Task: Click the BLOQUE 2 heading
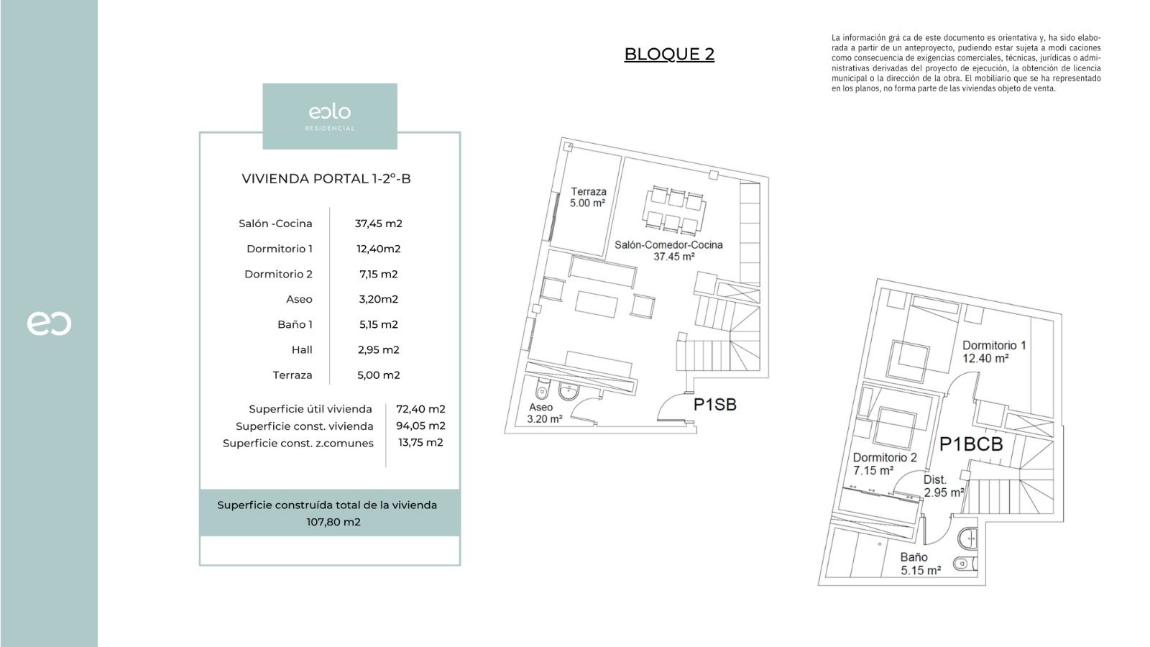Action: pyautogui.click(x=669, y=54)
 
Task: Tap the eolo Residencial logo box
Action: pyautogui.click(x=330, y=116)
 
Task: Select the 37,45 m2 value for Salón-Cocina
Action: pyautogui.click(x=378, y=224)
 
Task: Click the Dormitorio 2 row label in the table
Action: pyautogui.click(x=278, y=274)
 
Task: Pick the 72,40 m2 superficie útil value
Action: pyautogui.click(x=420, y=409)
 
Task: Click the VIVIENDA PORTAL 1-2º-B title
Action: pyautogui.click(x=326, y=179)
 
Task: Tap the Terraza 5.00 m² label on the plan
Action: pyautogui.click(x=588, y=197)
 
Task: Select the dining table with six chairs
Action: pyautogui.click(x=674, y=210)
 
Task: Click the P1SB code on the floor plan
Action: pyautogui.click(x=714, y=405)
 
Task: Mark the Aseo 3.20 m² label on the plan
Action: pyautogui.click(x=543, y=413)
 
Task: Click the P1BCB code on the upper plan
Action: pyautogui.click(x=970, y=444)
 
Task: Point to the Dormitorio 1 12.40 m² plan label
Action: pyautogui.click(x=993, y=351)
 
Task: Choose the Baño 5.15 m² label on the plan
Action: pyautogui.click(x=920, y=564)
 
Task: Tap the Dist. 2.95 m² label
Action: pyautogui.click(x=942, y=486)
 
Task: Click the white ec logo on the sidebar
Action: pyautogui.click(x=49, y=323)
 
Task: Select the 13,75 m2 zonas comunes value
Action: pyautogui.click(x=420, y=442)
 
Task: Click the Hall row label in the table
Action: pyautogui.click(x=302, y=349)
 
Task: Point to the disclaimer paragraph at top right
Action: pyautogui.click(x=966, y=63)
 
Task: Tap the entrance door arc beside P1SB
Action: pyautogui.click(x=670, y=406)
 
